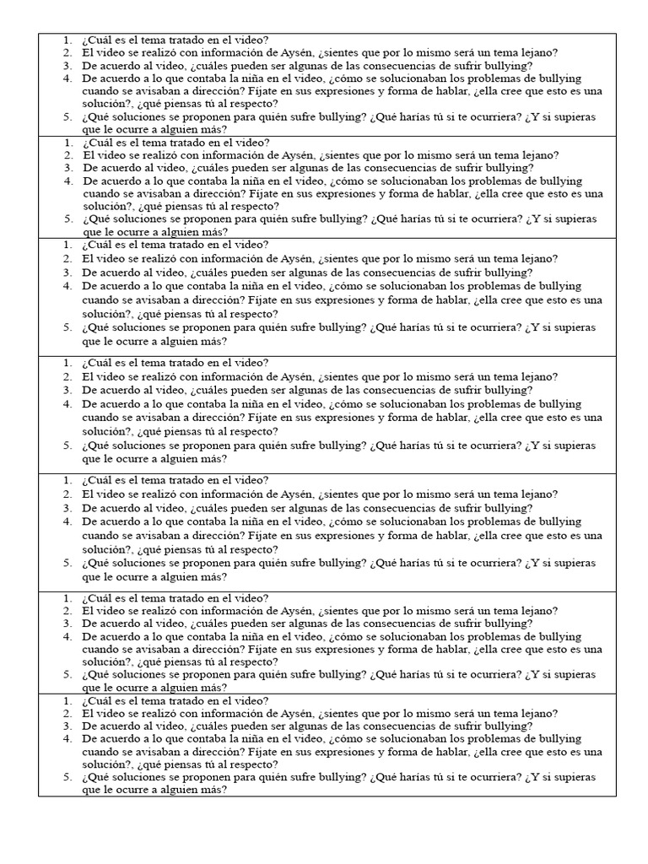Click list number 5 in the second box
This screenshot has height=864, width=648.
point(67,219)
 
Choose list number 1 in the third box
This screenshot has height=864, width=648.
point(67,246)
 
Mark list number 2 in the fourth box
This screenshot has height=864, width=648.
point(67,376)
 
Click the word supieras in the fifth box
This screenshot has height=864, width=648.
point(570,563)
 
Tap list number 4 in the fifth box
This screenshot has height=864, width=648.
point(67,521)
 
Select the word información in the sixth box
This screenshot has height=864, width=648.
point(226,611)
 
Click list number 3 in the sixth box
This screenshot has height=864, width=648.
point(67,624)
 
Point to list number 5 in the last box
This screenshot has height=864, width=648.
point(67,777)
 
